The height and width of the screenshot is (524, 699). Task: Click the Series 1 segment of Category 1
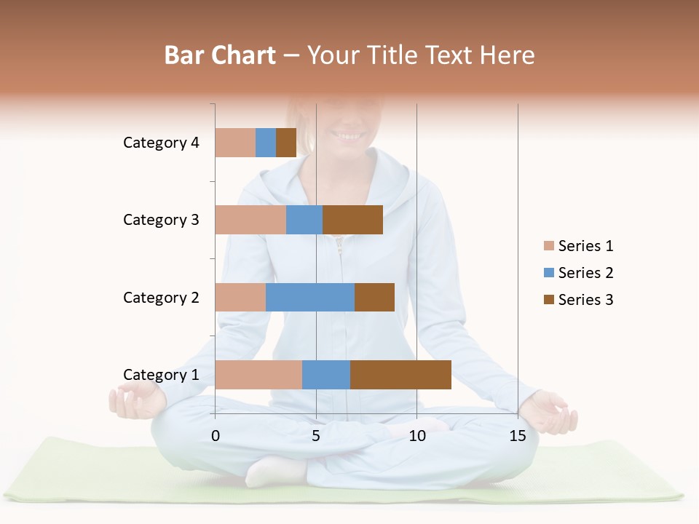coord(258,375)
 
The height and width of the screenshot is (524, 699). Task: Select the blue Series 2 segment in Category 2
coord(310,297)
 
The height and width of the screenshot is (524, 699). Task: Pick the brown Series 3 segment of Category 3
coord(352,220)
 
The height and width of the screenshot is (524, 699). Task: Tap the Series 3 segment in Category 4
coord(286,143)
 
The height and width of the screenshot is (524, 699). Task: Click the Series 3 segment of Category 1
coord(400,375)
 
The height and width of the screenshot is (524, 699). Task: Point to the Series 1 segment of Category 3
coord(250,220)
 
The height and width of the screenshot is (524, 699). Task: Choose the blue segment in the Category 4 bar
coord(266,143)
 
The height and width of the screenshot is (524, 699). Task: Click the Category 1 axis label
coord(161,375)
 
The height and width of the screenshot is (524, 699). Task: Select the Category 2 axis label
coord(161,297)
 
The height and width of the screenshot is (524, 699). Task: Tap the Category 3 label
coord(161,220)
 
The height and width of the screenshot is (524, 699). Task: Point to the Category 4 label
coord(161,143)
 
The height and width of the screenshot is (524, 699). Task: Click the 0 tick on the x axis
coord(216,436)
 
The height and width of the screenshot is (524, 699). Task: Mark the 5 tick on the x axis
coord(316,436)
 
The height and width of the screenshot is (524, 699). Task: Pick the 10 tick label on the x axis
coord(416,436)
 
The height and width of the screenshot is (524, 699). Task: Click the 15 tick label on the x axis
coord(518,436)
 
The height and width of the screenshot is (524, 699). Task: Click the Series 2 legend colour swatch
coord(549,273)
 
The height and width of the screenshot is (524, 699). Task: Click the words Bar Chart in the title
coord(220,55)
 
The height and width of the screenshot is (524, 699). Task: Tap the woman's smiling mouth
coord(347,135)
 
